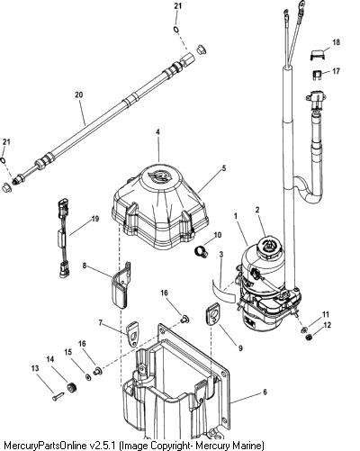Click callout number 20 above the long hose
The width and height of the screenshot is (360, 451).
tap(78, 95)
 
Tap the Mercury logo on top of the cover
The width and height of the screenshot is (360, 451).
tap(159, 176)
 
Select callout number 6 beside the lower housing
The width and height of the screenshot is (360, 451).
tap(265, 392)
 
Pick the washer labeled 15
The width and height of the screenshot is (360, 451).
tap(88, 377)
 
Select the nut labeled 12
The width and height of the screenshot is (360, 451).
tap(309, 338)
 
